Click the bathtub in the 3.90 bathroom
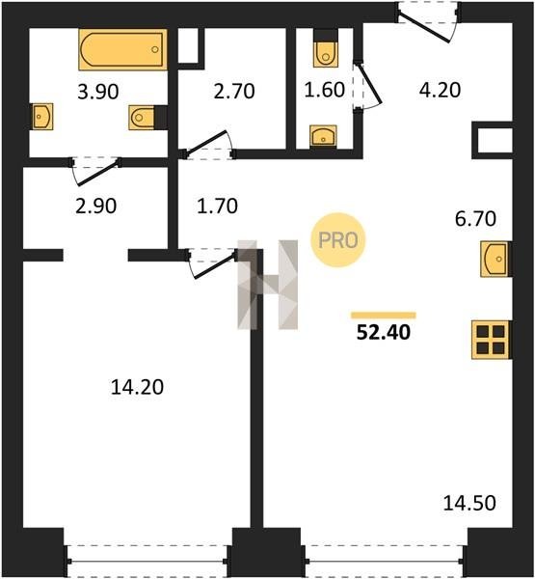[122, 49]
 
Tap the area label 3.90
[98, 92]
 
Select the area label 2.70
[234, 92]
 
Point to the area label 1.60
[325, 90]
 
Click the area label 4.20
[440, 90]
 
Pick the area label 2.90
[96, 206]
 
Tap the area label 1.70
[217, 206]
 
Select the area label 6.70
[475, 219]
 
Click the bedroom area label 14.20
[137, 387]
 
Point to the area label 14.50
[469, 503]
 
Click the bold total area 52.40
[384, 332]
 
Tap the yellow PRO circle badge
[338, 240]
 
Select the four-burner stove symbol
[491, 340]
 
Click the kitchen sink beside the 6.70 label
[495, 259]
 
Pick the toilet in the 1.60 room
[326, 54]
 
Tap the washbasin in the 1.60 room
[323, 135]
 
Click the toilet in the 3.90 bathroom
[142, 118]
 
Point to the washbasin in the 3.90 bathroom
[42, 117]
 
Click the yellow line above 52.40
[384, 316]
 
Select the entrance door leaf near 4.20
[424, 28]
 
